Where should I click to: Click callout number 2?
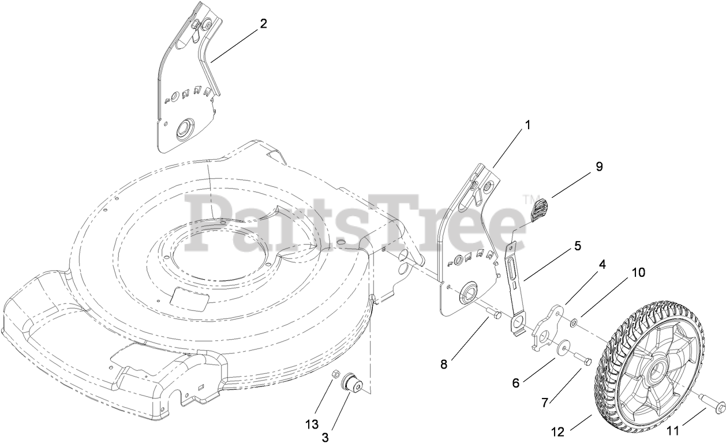pyautogui.click(x=263, y=24)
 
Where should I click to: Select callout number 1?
pyautogui.click(x=527, y=124)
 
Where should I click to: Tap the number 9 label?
pyautogui.click(x=599, y=166)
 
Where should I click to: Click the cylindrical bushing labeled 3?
pyautogui.click(x=352, y=383)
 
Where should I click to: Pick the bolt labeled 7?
pyautogui.click(x=583, y=360)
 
